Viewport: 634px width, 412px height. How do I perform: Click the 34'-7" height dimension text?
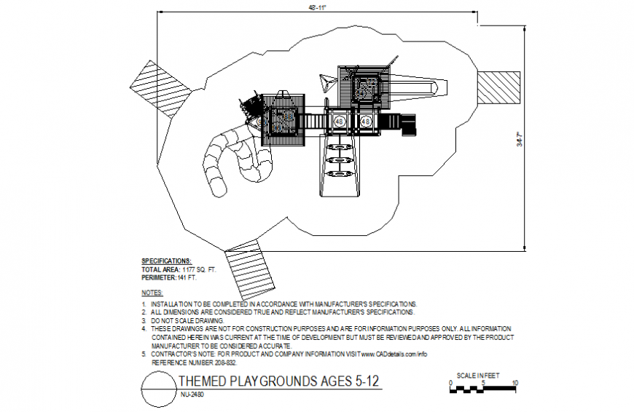[x=520, y=140]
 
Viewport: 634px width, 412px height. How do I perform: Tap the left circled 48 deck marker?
[x=340, y=122]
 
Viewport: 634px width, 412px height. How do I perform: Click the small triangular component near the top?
[x=326, y=83]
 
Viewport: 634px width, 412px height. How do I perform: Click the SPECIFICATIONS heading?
[x=167, y=261]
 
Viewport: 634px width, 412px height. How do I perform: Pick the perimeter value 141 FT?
[x=187, y=277]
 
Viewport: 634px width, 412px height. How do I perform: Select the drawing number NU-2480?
[x=191, y=395]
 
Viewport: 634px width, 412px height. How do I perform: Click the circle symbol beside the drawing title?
[x=157, y=388]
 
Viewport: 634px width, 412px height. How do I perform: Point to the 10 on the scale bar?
[x=515, y=382]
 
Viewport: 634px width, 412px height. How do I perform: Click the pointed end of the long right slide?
[x=439, y=90]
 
